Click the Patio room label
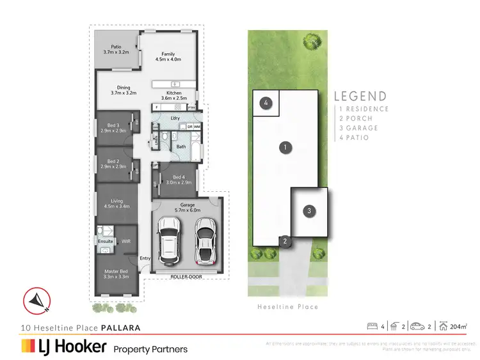[116, 49]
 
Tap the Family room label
[168, 56]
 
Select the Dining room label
[123, 90]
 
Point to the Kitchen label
[173, 96]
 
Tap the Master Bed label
[117, 274]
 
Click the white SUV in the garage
[171, 242]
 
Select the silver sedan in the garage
[205, 242]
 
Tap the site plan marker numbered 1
[284, 148]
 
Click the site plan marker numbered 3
[309, 211]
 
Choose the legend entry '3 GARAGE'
[359, 128]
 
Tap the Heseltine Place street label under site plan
[287, 307]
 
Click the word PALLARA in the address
[120, 327]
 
